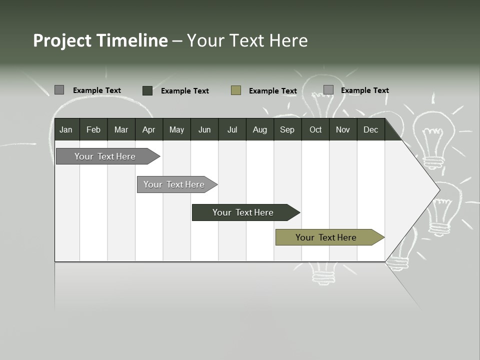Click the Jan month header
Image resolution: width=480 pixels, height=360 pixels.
coord(66,130)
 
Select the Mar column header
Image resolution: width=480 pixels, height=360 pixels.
coord(121,130)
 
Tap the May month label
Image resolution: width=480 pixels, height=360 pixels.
coord(176,130)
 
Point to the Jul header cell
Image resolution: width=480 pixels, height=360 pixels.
coord(232,130)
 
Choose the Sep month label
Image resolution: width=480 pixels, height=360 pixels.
coord(287,130)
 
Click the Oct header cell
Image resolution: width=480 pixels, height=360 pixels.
coord(315,130)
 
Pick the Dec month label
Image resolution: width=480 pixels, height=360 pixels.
coord(370,130)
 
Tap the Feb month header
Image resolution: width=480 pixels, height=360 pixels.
coord(93,130)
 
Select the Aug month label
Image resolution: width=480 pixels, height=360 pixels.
coord(259,130)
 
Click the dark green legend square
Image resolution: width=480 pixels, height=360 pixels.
coord(147,90)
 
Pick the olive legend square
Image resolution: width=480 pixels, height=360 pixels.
coord(236,90)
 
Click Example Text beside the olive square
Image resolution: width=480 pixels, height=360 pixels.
coord(272,91)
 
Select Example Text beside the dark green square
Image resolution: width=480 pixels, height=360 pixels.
coord(184,91)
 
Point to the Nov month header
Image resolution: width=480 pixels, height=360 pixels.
coord(343,130)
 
